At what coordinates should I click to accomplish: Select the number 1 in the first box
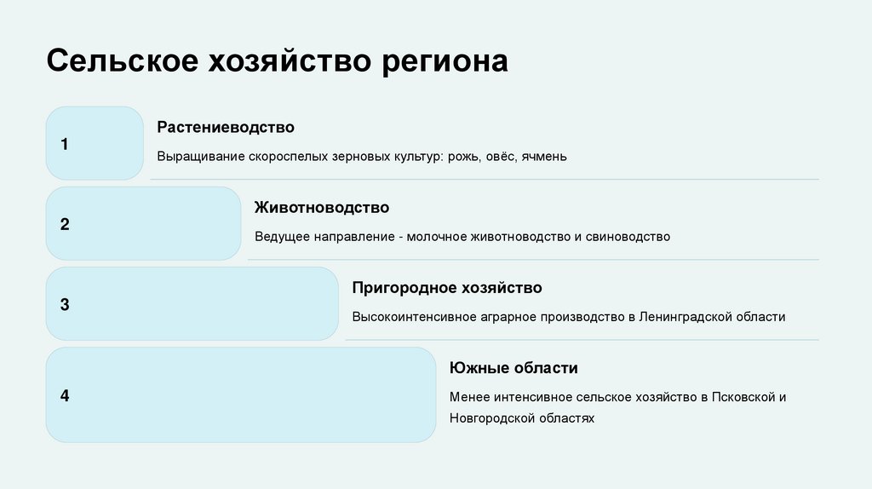(64, 144)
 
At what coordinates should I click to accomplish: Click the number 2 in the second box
(64, 225)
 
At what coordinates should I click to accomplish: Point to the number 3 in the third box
(64, 304)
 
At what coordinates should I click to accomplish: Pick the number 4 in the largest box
(64, 395)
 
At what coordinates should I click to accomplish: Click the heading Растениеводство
(226, 127)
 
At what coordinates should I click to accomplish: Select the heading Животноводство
(322, 207)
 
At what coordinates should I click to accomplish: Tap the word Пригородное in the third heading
(399, 287)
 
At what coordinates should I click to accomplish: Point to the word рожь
(468, 157)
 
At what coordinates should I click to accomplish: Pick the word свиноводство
(628, 237)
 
